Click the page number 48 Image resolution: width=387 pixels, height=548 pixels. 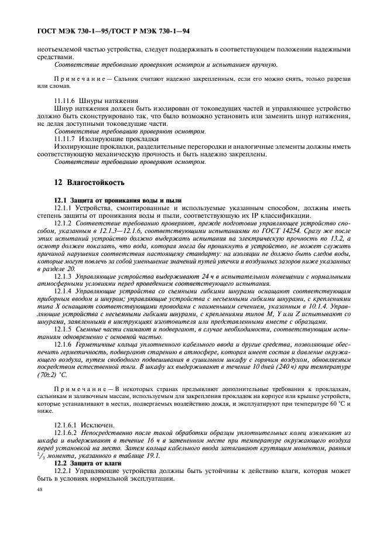[x=40, y=489]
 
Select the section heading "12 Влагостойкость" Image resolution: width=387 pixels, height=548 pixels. [x=89, y=182]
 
